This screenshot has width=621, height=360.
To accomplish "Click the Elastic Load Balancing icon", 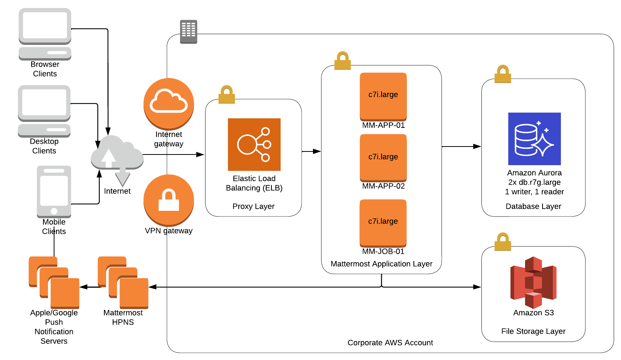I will (254, 145).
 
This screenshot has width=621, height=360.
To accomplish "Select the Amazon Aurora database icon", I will (534, 139).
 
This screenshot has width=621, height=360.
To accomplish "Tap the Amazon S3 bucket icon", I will (533, 282).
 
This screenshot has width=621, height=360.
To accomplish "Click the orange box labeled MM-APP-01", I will (383, 96).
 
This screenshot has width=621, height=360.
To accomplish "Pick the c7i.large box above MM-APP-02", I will (383, 158).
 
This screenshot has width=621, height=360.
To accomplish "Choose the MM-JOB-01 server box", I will (383, 223).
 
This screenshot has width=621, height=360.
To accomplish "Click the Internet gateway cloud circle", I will (169, 104).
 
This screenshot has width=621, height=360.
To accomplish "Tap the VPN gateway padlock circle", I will (169, 200).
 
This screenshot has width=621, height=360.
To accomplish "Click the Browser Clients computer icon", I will (45, 33).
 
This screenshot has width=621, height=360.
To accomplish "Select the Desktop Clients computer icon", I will (44, 111).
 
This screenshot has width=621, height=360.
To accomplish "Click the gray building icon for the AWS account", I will (188, 32).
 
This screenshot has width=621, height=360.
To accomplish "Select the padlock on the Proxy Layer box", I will (227, 94).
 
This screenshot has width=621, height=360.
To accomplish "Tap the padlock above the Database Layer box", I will (503, 74).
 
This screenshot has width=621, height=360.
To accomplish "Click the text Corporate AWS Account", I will (390, 342).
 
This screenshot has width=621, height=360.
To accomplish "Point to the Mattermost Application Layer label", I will (382, 264).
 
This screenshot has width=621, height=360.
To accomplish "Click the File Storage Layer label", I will (533, 331).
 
